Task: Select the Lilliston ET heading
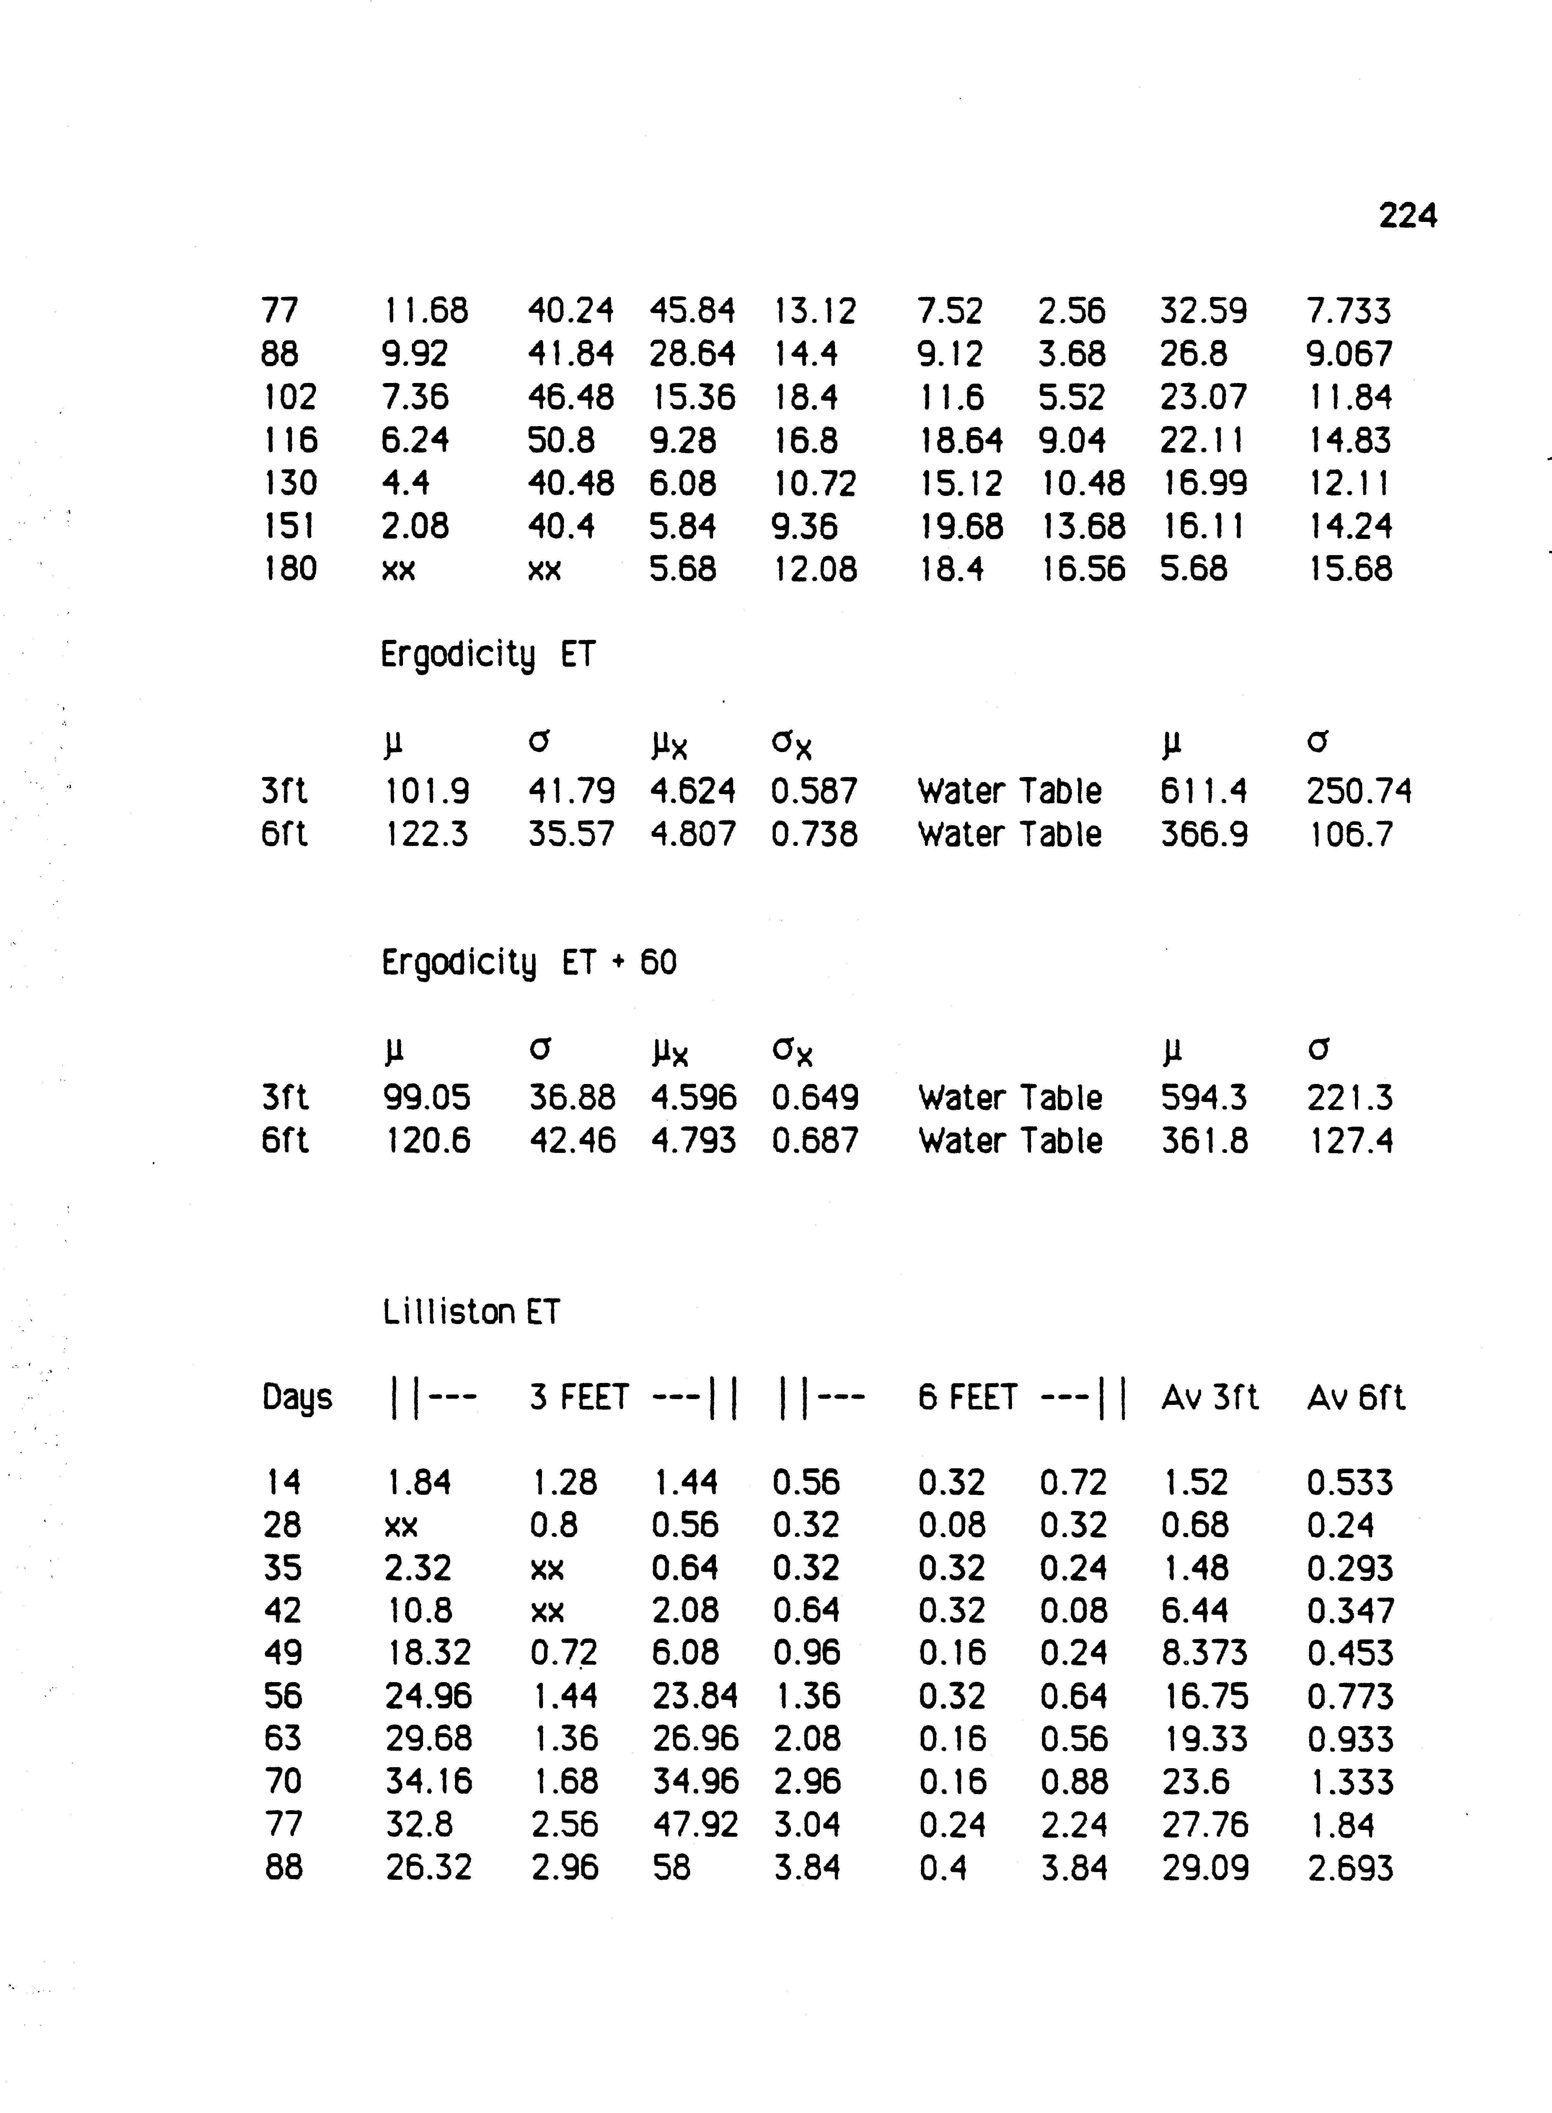click(471, 1312)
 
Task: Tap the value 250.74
click(1359, 791)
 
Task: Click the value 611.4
click(1203, 791)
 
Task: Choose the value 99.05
click(428, 1097)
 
